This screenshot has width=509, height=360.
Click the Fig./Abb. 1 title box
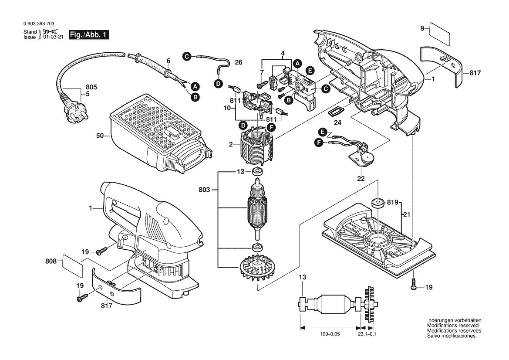(89, 35)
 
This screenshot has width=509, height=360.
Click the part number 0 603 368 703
(39, 24)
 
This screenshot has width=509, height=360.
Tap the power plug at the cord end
(73, 110)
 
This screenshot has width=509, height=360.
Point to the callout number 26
(239, 62)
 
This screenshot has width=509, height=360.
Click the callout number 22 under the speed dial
(361, 179)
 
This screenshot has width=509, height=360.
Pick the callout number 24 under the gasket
(337, 123)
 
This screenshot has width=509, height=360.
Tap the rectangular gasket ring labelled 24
(335, 112)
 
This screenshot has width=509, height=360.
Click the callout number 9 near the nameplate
(422, 29)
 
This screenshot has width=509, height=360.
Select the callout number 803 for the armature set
(204, 190)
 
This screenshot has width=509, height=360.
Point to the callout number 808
(51, 261)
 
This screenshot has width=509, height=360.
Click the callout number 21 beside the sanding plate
(406, 214)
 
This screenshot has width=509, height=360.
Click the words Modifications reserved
(453, 326)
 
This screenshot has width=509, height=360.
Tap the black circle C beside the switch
(326, 89)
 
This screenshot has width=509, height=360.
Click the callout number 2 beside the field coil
(231, 144)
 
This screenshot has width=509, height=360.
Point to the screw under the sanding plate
(414, 284)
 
